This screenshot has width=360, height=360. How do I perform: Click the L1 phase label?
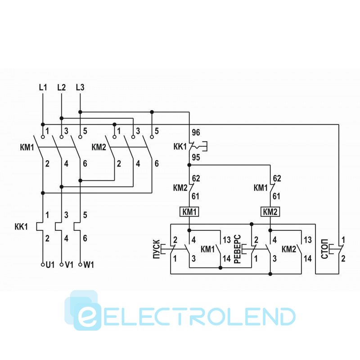[x=43, y=87]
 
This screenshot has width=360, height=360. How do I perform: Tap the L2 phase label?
[x=62, y=87]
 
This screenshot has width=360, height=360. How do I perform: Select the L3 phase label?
[x=80, y=87]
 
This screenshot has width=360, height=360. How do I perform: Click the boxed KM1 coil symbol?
[x=189, y=211]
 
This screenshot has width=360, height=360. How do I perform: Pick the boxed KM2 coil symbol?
[x=270, y=211]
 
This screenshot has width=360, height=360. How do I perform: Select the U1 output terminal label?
[x=50, y=265]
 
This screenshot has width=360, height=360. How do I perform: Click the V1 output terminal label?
[x=69, y=265]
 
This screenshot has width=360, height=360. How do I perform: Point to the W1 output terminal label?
[x=89, y=265]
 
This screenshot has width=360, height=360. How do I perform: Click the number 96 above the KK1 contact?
[x=196, y=133]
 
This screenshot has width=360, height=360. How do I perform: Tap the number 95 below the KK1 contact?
[x=196, y=157]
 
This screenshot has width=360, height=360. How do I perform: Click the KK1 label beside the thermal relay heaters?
[x=21, y=227]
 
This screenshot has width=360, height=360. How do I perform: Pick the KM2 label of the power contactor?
[x=99, y=147]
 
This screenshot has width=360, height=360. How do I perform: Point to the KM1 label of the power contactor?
[x=27, y=147]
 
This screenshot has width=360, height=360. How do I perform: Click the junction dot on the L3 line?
[x=80, y=112]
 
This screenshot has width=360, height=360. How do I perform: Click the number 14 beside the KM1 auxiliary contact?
[x=227, y=258]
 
